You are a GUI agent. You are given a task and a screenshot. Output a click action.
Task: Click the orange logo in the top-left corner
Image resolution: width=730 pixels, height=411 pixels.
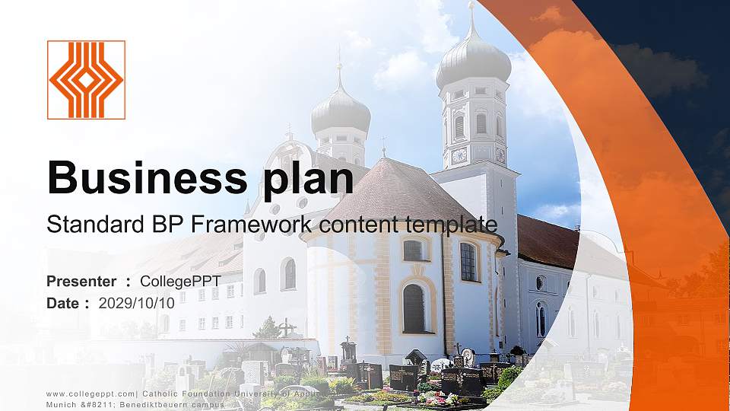(x=86, y=80)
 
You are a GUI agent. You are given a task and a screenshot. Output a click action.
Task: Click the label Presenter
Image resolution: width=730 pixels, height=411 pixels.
(x=81, y=282)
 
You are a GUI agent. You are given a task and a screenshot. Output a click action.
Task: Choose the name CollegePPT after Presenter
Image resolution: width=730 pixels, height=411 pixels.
(x=180, y=282)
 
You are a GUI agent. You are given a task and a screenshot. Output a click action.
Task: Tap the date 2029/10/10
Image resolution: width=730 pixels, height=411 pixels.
(x=137, y=303)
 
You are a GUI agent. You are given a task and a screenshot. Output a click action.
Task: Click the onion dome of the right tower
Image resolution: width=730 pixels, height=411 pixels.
(x=473, y=61)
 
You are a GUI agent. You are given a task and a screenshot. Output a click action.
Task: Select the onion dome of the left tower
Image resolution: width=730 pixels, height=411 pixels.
(x=340, y=110)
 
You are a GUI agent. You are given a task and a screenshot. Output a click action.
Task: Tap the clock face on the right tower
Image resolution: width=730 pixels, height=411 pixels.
(x=459, y=155)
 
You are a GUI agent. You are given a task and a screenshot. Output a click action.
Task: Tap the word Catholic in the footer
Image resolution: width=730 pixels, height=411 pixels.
(x=165, y=393)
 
